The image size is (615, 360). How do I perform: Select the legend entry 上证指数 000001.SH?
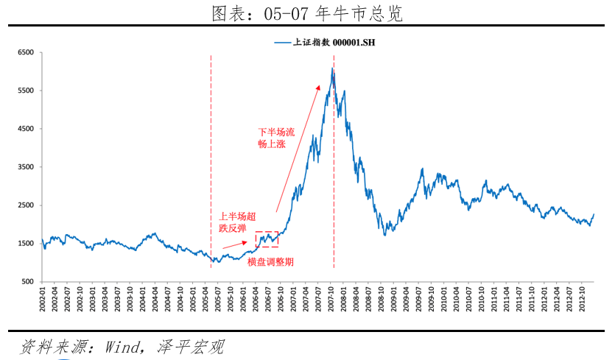325,43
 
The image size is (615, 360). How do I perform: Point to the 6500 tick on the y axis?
27,53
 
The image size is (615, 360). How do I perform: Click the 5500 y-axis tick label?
27,91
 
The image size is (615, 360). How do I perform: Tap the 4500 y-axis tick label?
27,129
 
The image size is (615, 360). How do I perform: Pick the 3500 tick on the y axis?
27,167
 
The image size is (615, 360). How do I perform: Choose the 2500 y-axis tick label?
27,205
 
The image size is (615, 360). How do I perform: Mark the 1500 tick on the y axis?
27,244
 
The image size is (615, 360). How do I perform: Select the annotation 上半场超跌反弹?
238,222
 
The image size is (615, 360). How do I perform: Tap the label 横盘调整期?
270,262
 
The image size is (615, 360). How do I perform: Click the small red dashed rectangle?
267,239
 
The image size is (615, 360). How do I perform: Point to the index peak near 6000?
332,69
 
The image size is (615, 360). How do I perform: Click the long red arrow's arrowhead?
319,86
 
